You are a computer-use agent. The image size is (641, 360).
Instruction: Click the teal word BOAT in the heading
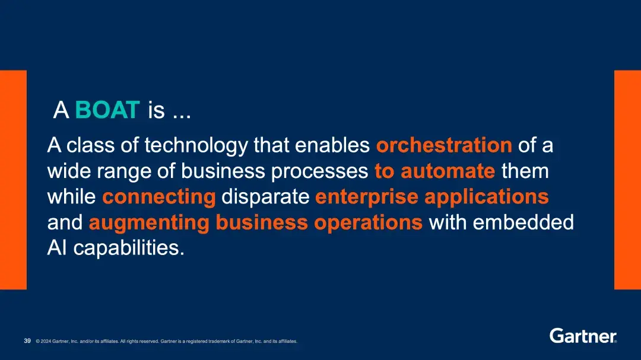coord(107,110)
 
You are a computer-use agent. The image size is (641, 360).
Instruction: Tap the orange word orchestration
coord(444,145)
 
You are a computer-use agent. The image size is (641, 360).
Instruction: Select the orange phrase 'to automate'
coord(435,171)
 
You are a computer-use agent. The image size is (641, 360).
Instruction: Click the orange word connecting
coord(159,197)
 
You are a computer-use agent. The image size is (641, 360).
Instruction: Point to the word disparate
coord(265,197)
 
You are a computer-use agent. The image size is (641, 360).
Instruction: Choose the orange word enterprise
coord(367,197)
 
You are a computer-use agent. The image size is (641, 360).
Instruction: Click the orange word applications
coord(487,197)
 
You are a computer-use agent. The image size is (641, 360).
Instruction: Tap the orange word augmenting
coord(149,223)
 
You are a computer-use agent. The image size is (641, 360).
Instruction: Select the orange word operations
coord(368,222)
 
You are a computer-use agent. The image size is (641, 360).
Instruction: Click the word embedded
coord(523,222)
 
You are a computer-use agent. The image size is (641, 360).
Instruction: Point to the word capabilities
coord(129,248)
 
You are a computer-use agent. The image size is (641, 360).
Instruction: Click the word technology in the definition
coord(196,146)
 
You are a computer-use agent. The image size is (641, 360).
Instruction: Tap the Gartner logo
coord(583,336)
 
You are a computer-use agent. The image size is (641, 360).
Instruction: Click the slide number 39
coord(27,341)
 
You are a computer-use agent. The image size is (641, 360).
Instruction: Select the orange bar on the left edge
coord(13,180)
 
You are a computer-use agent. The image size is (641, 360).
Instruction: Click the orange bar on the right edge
coord(627,180)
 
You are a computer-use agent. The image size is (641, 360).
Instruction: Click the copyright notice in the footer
coord(166,341)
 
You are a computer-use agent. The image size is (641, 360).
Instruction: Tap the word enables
coord(332,145)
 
